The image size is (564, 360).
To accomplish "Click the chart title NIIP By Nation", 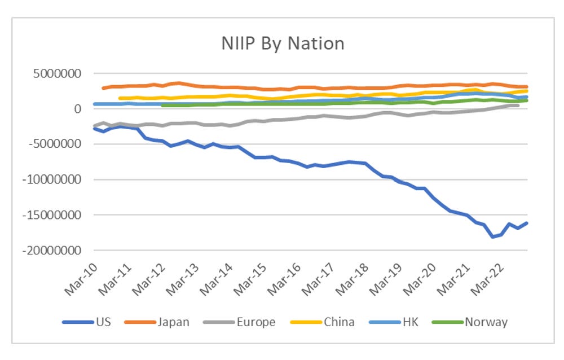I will click(282, 43).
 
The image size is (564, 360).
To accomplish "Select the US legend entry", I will click(103, 322).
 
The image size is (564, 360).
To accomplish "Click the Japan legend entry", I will click(173, 322).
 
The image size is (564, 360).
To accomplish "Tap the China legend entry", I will click(339, 322).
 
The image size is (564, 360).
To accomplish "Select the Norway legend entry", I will click(486, 322).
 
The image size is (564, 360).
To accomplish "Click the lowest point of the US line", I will click(492, 236).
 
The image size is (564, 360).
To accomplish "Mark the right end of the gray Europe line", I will click(517, 106).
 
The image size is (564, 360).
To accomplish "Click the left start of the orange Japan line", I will click(103, 88).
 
